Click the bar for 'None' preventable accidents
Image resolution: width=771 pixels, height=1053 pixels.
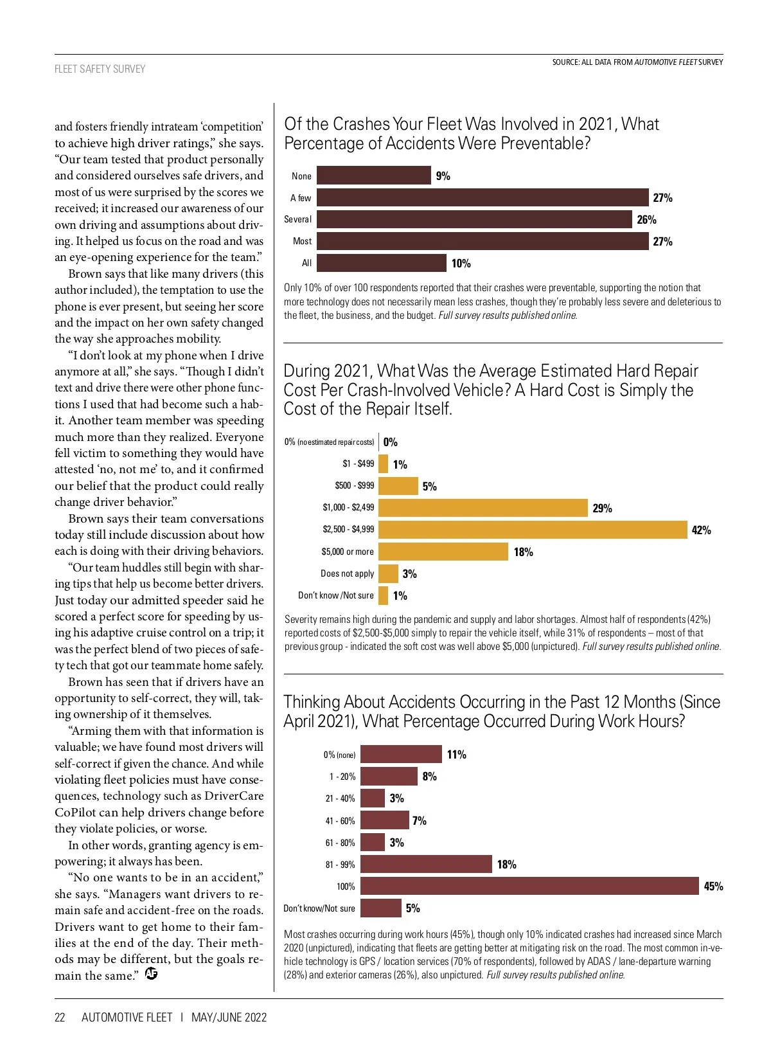coord(373,175)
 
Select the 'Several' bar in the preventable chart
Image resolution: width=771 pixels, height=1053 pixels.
coord(474,219)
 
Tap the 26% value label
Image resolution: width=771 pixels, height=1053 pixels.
coord(646,220)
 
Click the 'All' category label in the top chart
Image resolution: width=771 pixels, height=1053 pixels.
coord(306,263)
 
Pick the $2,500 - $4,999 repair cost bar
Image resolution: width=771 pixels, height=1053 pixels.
coord(533,530)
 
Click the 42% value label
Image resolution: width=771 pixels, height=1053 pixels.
coord(701,530)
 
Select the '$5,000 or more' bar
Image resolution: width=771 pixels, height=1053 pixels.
coord(443,552)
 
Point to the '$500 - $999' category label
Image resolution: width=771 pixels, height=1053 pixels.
coord(354,485)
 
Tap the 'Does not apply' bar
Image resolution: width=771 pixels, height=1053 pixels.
coord(388,573)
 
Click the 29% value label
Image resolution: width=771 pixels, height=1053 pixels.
coord(602,509)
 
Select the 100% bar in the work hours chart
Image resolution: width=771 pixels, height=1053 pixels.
coord(529,886)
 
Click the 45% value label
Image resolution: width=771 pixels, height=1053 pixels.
coord(713,887)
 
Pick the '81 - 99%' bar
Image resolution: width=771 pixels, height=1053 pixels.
coord(426,864)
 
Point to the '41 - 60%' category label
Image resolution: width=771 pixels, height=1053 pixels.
coord(340,821)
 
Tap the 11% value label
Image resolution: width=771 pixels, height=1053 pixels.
coord(456,755)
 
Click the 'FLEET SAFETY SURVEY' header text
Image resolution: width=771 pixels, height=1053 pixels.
coord(100,69)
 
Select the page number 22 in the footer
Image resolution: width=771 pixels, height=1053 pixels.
coord(60,1017)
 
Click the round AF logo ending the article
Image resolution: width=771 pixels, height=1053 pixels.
coord(152,974)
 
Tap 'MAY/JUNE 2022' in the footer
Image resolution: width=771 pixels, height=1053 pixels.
coord(229,1017)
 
